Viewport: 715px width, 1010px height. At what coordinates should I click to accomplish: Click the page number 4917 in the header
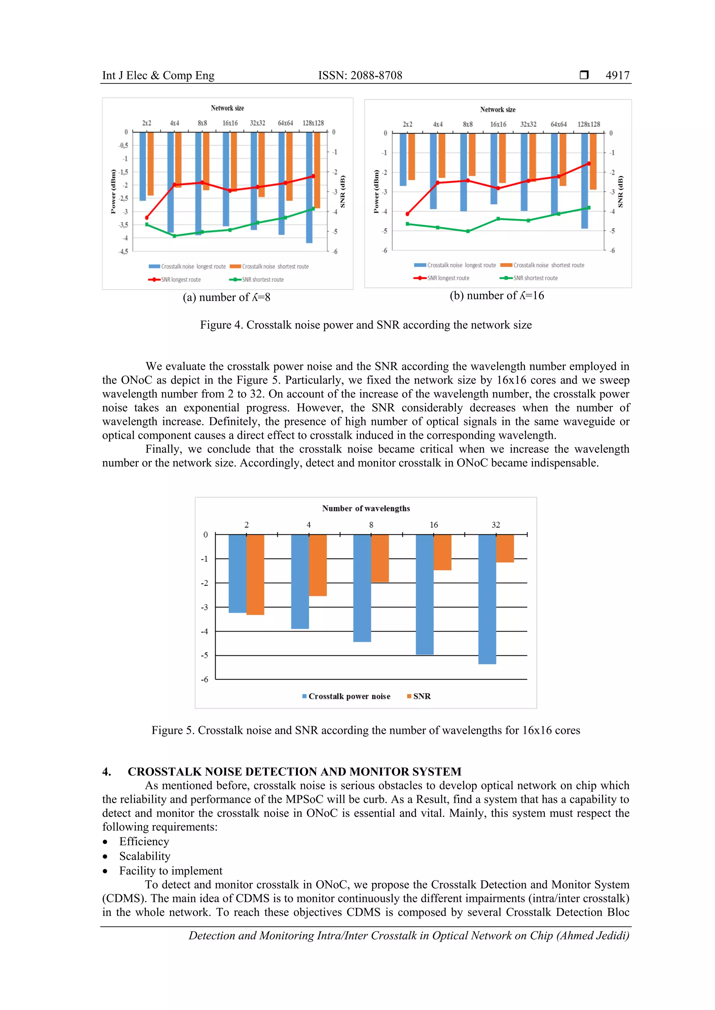pos(617,75)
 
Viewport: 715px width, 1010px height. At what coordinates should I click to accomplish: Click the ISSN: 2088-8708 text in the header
pos(360,75)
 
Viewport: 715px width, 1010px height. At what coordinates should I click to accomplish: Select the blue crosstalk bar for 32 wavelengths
pos(487,598)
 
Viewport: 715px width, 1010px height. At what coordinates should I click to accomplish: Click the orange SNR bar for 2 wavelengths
pos(255,574)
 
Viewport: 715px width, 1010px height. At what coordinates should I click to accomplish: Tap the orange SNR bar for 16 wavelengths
pos(442,552)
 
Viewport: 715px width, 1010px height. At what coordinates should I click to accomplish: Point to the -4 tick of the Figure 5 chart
pos(204,631)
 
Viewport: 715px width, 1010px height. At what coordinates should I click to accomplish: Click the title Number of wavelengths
pos(366,508)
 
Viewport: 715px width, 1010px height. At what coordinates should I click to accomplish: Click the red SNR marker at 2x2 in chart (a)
pos(147,218)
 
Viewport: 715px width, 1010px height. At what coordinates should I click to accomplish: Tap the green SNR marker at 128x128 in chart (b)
pos(589,208)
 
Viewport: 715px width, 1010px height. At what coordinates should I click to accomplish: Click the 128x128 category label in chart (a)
pos(313,123)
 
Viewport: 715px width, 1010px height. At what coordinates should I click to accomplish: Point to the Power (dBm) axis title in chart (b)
pos(376,191)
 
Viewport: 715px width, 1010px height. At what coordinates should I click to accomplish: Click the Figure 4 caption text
pos(366,325)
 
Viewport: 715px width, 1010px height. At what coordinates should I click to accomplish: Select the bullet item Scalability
pos(145,856)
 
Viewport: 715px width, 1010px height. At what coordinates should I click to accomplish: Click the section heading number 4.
pos(106,771)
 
